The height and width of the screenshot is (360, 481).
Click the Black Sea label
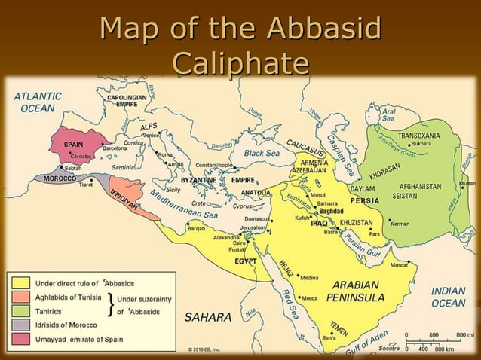(262, 153)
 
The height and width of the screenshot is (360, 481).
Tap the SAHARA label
(207, 318)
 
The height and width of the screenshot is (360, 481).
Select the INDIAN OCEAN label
(448, 296)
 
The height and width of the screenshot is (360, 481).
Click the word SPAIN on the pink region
(73, 144)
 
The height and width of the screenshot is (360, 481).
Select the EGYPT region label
(246, 261)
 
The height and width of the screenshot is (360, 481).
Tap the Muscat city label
(399, 265)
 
